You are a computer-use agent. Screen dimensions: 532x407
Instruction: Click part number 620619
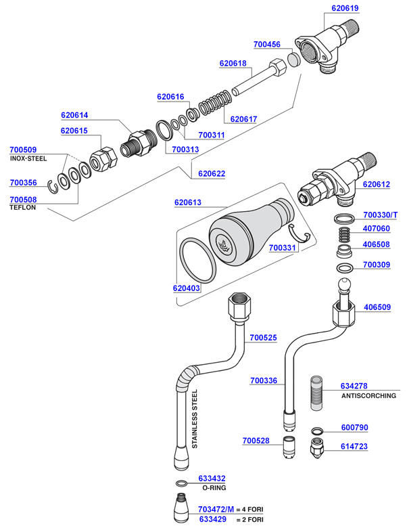[x=345, y=9]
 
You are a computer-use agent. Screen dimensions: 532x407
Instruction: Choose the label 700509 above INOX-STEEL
[x=23, y=150]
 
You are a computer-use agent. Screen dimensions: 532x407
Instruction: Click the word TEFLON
[x=23, y=208]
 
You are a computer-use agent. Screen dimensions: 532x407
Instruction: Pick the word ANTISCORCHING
[x=368, y=395]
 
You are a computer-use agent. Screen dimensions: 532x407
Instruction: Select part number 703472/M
[x=216, y=510]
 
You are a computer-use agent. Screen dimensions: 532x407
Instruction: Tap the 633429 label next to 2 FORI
[x=212, y=519]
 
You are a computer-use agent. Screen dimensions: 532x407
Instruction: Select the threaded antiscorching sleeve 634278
[x=318, y=392]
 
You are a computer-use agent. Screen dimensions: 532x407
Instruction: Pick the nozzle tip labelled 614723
[x=316, y=448]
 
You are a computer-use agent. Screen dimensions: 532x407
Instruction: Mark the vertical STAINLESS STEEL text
[x=195, y=419]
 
